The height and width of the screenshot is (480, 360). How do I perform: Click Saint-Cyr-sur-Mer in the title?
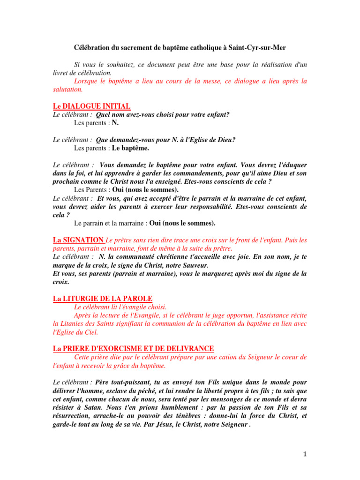pyautogui.click(x=260, y=48)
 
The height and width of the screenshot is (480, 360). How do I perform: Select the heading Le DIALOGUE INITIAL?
pyautogui.click(x=91, y=106)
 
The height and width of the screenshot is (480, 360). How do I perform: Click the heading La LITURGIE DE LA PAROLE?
pyautogui.click(x=102, y=299)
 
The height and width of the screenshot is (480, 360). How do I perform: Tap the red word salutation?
pyautogui.click(x=68, y=89)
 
